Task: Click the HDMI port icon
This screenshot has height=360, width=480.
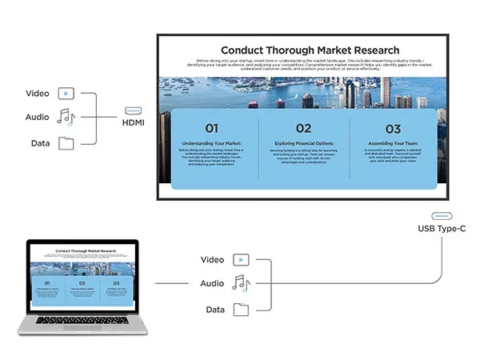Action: pyautogui.click(x=134, y=111)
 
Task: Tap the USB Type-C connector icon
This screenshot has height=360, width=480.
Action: pyautogui.click(x=442, y=215)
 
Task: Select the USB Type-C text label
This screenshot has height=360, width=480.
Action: pyautogui.click(x=442, y=230)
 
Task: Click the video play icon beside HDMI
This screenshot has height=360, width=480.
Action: pyautogui.click(x=66, y=94)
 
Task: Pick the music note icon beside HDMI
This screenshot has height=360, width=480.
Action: pyautogui.click(x=66, y=118)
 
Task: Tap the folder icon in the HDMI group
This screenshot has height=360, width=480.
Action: pyautogui.click(x=66, y=144)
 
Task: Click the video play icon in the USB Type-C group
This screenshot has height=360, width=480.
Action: pyautogui.click(x=241, y=259)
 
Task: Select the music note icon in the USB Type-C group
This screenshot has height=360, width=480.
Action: pyautogui.click(x=241, y=283)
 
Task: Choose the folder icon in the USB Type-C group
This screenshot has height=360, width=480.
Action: pyautogui.click(x=241, y=310)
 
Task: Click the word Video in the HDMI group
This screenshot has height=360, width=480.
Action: pyautogui.click(x=38, y=94)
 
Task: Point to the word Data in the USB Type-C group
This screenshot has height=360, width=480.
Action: pyautogui.click(x=215, y=310)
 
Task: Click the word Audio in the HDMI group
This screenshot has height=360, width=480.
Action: pyautogui.click(x=38, y=118)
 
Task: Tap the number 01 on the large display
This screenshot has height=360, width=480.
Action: pyautogui.click(x=211, y=128)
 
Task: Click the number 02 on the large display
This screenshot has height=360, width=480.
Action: pyautogui.click(x=303, y=128)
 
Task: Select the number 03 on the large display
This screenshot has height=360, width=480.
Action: pyautogui.click(x=393, y=128)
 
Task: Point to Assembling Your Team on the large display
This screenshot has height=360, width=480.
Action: pyautogui.click(x=393, y=143)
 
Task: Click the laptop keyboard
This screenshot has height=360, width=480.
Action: pyautogui.click(x=82, y=320)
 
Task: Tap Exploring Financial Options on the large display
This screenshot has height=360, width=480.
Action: pyautogui.click(x=303, y=143)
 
